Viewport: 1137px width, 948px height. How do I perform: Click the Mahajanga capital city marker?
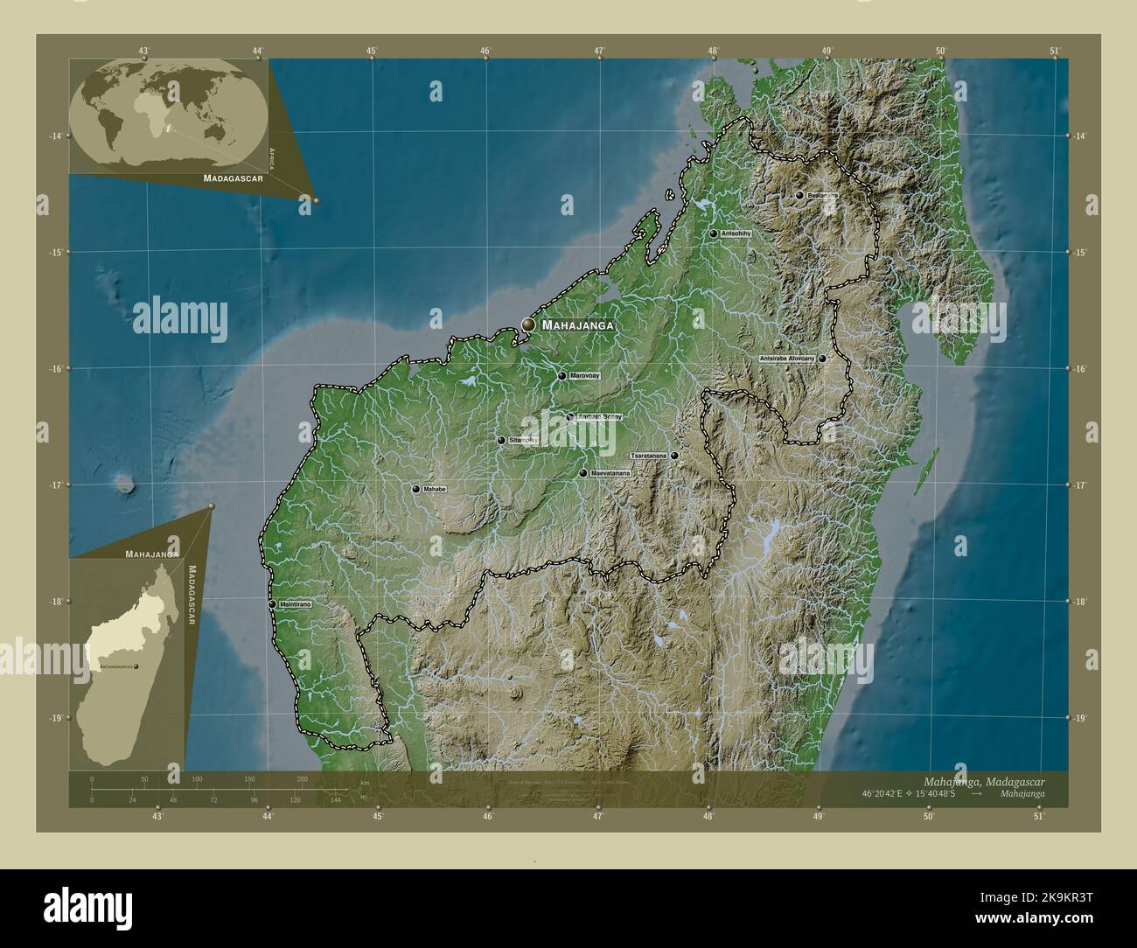pos(528,325)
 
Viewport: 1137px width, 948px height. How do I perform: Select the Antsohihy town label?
pos(736,234)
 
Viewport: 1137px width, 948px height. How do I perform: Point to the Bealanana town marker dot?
pos(799,196)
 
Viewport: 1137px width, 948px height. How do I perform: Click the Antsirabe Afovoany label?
pos(787,359)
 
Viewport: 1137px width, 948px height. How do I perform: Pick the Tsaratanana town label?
pos(648,456)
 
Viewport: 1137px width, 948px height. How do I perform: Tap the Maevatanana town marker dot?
pos(582,473)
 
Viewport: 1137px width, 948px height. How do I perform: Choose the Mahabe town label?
pos(435,490)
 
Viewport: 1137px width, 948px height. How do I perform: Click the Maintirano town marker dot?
pos(273,604)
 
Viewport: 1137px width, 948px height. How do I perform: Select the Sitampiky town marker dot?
pos(500,441)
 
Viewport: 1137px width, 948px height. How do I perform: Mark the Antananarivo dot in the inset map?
pos(136,667)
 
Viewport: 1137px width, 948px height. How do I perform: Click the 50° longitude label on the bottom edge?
pos(929,817)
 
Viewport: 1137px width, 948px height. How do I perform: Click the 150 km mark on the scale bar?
pos(249,778)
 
